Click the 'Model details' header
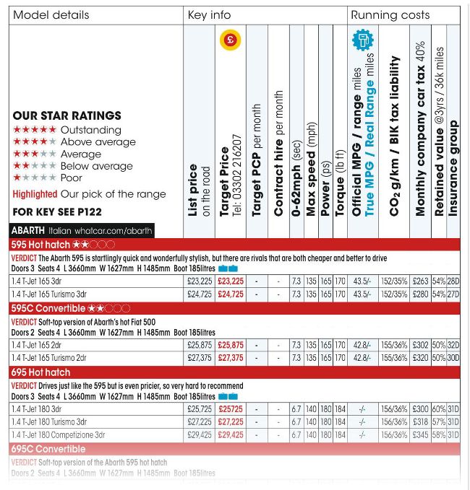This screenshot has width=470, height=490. click(x=51, y=15)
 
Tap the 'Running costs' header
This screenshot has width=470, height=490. click(x=390, y=15)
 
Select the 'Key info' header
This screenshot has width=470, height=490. click(x=208, y=15)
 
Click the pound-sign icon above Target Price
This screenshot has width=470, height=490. click(x=230, y=40)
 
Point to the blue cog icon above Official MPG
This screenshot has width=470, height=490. click(x=362, y=40)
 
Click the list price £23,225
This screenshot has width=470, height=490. click(x=200, y=281)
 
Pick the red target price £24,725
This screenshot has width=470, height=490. click(x=231, y=294)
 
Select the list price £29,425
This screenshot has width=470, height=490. click(x=200, y=435)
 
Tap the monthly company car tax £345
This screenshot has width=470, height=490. click(x=420, y=435)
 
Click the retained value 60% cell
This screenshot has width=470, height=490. click(x=438, y=409)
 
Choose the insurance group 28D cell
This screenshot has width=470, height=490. click(x=453, y=281)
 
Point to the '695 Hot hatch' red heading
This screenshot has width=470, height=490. click(x=40, y=372)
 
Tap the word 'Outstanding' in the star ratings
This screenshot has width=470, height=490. click(x=90, y=130)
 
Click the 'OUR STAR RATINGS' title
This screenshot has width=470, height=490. click(x=67, y=115)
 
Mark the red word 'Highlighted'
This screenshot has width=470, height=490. click(x=35, y=194)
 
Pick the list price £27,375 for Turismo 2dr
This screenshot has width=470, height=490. click(x=200, y=358)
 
